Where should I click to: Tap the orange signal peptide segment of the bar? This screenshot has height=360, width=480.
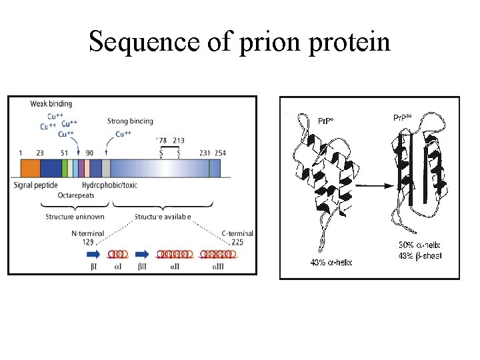pyautogui.click(x=30, y=167)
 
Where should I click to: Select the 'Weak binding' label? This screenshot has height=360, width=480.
pyautogui.click(x=51, y=103)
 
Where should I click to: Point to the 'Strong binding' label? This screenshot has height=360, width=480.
pyautogui.click(x=130, y=121)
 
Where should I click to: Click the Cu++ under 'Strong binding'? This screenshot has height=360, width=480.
pyautogui.click(x=123, y=134)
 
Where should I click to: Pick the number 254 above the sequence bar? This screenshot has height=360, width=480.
pyautogui.click(x=220, y=153)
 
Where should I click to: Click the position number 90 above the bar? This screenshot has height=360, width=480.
pyautogui.click(x=90, y=153)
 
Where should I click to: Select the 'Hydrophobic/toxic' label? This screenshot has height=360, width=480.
pyautogui.click(x=110, y=185)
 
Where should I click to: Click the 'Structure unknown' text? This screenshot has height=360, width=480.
pyautogui.click(x=75, y=217)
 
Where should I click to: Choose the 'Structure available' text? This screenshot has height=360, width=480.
pyautogui.click(x=163, y=217)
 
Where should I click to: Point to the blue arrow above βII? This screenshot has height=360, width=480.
pyautogui.click(x=141, y=255)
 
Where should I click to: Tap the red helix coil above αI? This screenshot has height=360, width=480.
pyautogui.click(x=118, y=255)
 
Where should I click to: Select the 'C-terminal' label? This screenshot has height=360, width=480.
pyautogui.click(x=237, y=233)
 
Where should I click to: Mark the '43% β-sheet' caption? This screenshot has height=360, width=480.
pyautogui.click(x=420, y=256)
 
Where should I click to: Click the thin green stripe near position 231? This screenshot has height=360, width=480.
pyautogui.click(x=209, y=167)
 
